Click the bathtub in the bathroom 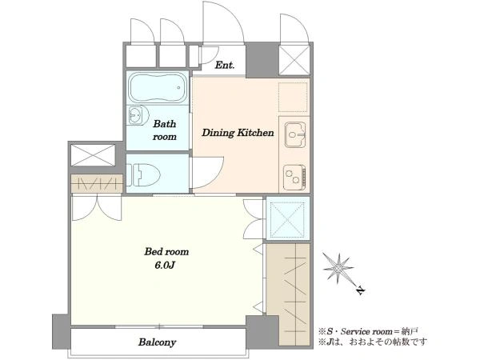[158, 87]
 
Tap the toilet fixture [143, 175]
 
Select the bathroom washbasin [137, 116]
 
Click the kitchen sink [295, 134]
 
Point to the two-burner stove [294, 177]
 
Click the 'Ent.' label [225, 66]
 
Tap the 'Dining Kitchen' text [238, 133]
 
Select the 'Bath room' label [165, 130]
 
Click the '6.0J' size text [165, 265]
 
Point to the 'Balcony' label [158, 342]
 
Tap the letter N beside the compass [362, 290]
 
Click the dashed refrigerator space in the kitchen [293, 97]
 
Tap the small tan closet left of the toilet [97, 183]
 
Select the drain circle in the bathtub [178, 87]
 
